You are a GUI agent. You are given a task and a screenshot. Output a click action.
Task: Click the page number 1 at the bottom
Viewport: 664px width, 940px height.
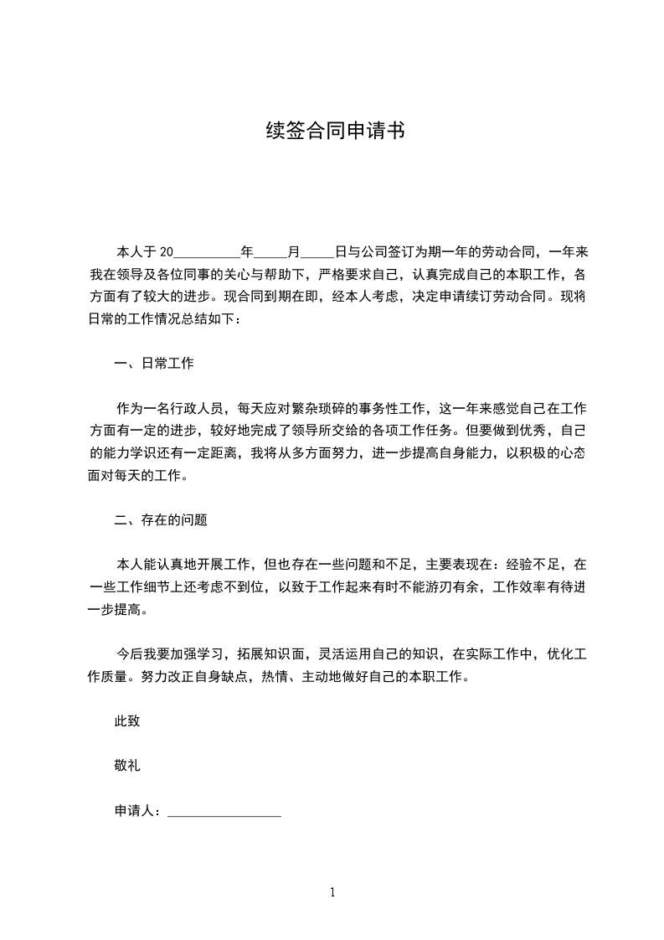coord(332,892)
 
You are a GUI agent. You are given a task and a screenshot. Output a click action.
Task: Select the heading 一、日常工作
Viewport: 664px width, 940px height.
coord(154,364)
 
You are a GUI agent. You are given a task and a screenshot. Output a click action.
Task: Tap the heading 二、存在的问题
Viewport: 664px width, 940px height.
coord(161,520)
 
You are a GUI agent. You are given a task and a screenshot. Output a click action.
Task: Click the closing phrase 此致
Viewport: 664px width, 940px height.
coord(127,720)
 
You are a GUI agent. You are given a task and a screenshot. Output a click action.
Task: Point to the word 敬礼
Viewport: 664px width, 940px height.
coord(127,765)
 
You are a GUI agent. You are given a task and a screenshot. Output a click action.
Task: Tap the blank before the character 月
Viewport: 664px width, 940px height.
coord(270,251)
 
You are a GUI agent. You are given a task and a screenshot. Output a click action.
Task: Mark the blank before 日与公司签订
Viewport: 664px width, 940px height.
coord(317,251)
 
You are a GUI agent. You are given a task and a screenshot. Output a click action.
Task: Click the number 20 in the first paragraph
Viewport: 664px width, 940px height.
coord(165,251)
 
